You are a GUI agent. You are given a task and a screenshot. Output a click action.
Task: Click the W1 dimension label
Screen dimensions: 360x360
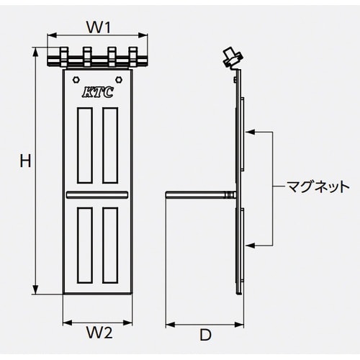click(x=98, y=28)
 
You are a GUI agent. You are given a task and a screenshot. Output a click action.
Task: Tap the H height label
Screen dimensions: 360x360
click(x=24, y=163)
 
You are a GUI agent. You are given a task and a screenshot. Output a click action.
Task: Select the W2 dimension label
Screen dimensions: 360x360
click(x=99, y=333)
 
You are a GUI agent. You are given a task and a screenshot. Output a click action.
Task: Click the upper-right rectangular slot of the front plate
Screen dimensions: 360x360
click(x=110, y=144)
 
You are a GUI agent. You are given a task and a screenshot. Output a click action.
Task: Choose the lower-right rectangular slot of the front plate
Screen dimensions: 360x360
click(x=110, y=243)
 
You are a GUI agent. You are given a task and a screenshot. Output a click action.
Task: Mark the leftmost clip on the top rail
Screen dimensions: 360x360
click(x=63, y=56)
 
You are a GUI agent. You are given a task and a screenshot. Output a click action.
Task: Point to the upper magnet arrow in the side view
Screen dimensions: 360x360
click(x=250, y=132)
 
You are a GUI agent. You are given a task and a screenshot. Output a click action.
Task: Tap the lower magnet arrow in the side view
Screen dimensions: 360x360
click(x=250, y=246)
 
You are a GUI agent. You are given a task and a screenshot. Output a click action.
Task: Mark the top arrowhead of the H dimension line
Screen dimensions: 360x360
click(x=36, y=52)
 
